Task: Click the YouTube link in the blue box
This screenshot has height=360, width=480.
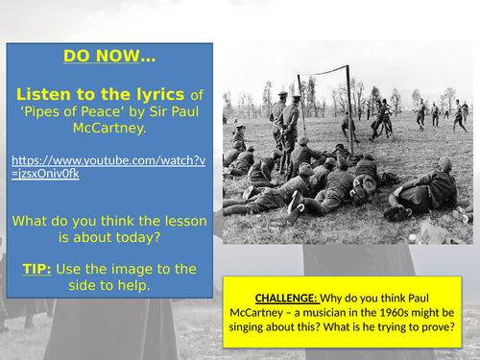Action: [108, 165]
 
